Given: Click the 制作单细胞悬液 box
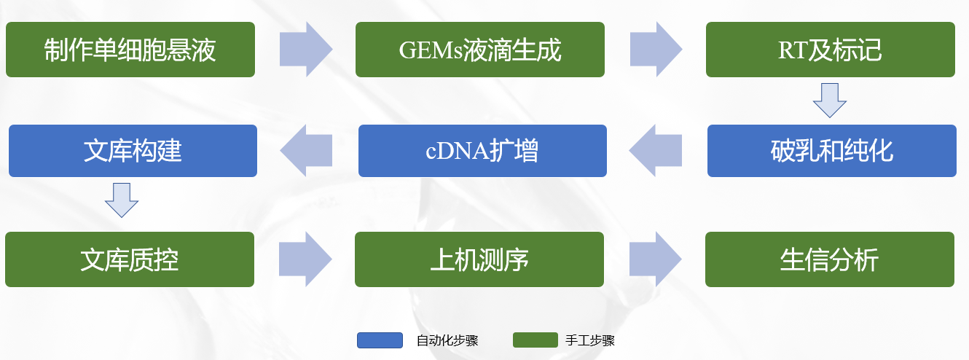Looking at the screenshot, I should (x=130, y=50).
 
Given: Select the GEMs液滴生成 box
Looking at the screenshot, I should (x=480, y=50).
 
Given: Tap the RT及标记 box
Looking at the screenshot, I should (x=830, y=50).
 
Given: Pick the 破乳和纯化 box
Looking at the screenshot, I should (x=831, y=151).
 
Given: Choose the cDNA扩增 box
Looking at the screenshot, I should (x=482, y=151).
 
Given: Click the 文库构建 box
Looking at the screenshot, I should (x=133, y=151).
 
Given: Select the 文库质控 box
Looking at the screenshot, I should (x=130, y=259).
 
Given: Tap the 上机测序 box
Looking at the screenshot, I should (x=479, y=259).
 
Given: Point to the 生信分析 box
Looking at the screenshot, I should (x=829, y=259).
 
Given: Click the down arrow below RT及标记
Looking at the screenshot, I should (x=830, y=101).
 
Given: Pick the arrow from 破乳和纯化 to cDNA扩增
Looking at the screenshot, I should (x=656, y=151).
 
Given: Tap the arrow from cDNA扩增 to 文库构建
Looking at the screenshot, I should (x=306, y=151).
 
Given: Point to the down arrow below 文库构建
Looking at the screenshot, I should (x=122, y=200).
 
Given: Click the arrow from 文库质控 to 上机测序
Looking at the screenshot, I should (x=305, y=259).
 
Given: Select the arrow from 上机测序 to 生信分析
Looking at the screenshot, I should (x=655, y=259).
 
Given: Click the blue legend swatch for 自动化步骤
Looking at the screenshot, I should (x=380, y=340).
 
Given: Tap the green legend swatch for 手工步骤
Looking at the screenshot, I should (x=535, y=340).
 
